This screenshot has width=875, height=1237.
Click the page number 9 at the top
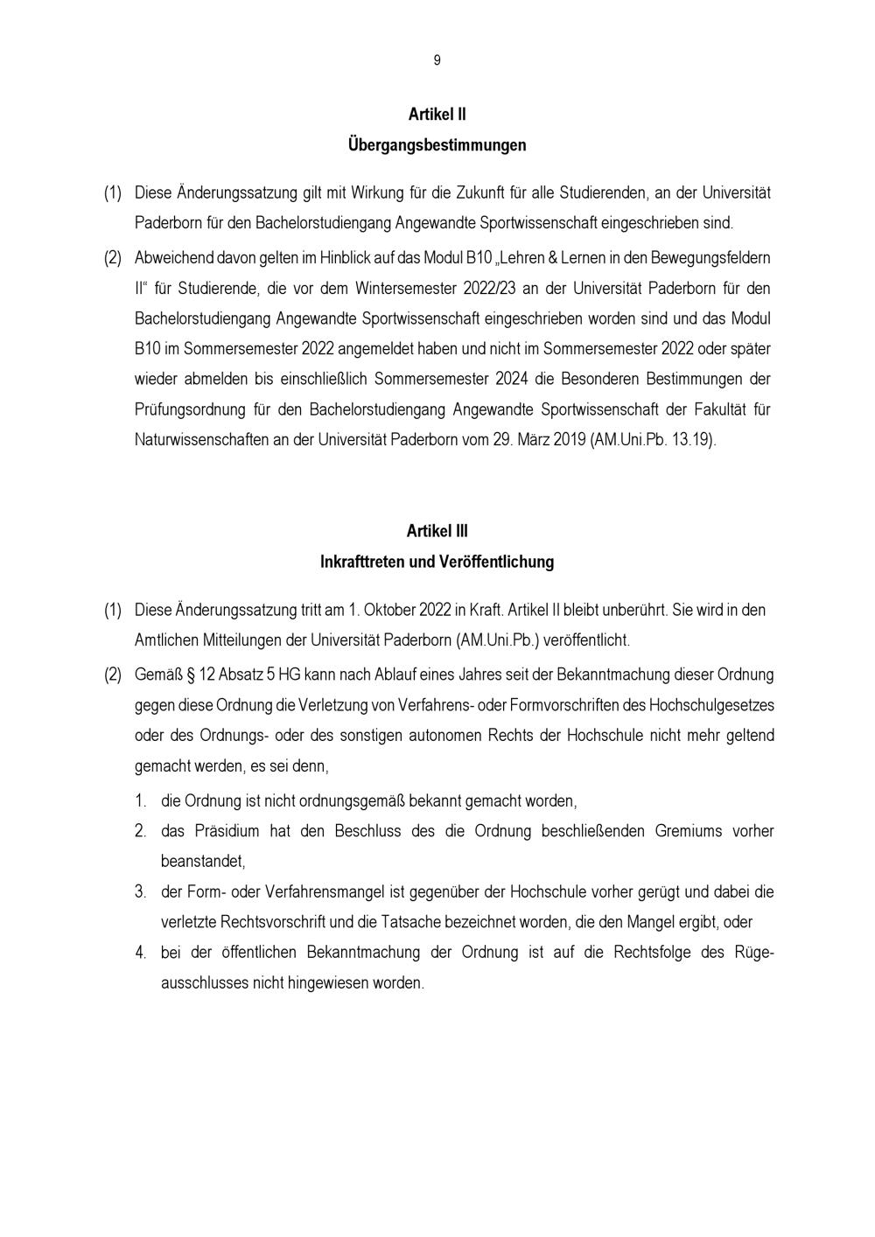coord(437,60)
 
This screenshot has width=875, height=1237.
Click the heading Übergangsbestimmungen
coord(437,144)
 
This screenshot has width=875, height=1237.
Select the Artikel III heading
coord(437,531)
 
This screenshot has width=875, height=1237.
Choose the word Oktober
coord(394,610)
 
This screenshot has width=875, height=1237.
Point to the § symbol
coord(190,675)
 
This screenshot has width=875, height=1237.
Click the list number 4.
coord(140,953)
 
